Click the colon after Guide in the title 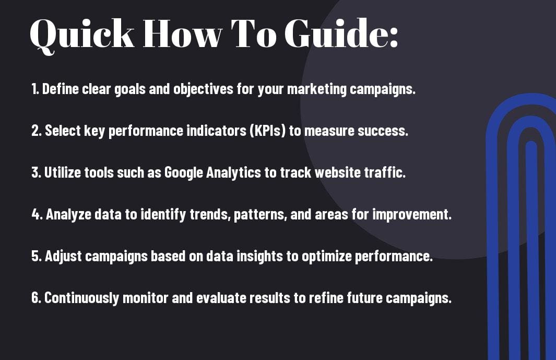[x=393, y=37]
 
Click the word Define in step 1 [x=60, y=89]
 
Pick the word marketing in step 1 [x=317, y=89]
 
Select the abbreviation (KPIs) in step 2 [x=268, y=131]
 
